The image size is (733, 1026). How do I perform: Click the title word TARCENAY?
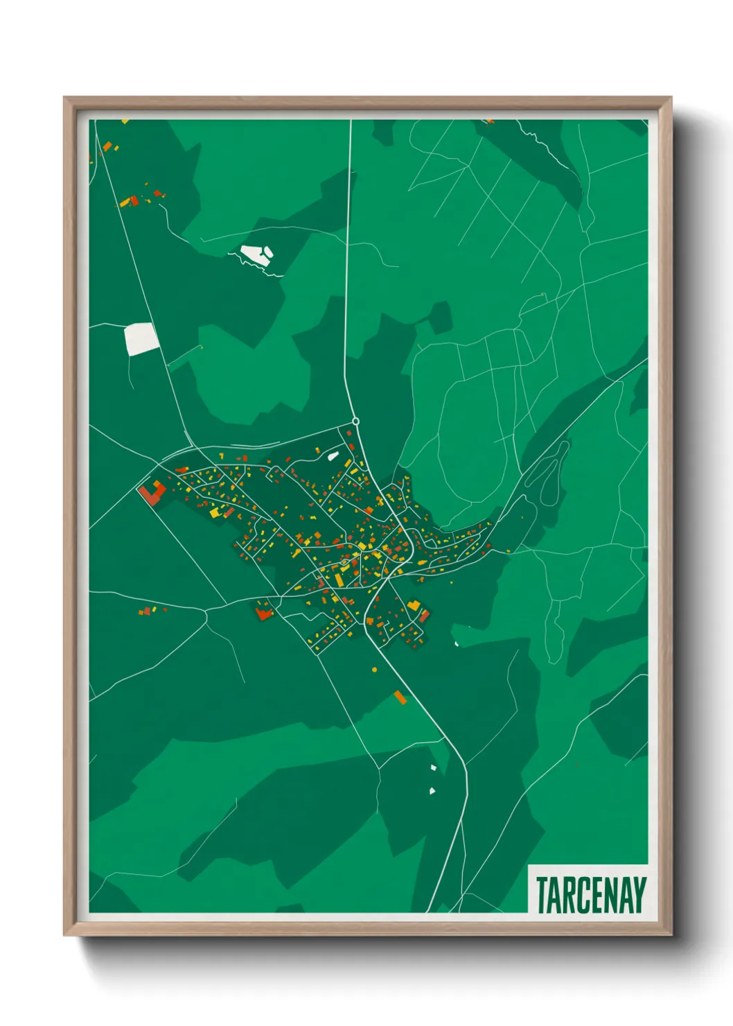point(591,895)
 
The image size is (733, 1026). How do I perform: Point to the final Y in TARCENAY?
point(639,895)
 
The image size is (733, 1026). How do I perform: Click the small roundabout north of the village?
point(355,421)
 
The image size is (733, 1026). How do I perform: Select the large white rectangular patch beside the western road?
point(141,339)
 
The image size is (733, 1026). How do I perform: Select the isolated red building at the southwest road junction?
point(263,613)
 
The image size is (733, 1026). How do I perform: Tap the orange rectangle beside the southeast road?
point(400,697)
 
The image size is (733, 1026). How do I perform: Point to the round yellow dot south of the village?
point(374,670)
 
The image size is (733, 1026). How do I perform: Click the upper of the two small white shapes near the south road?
point(434,767)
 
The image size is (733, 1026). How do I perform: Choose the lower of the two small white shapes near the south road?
point(432,790)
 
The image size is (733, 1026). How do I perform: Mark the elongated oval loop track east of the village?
point(547,471)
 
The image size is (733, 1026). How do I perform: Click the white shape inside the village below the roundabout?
point(333,456)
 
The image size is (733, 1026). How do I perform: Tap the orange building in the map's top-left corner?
point(107,146)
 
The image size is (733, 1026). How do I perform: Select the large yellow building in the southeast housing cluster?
point(414,605)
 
